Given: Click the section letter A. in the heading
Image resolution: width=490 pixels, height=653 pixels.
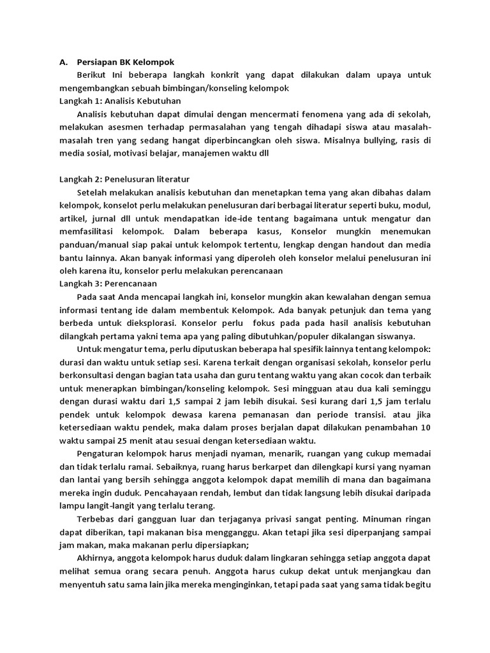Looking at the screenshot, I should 63,62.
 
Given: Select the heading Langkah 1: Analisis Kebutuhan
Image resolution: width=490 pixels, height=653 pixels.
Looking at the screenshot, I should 120,101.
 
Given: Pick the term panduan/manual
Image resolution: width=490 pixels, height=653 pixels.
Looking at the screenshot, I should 94,244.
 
